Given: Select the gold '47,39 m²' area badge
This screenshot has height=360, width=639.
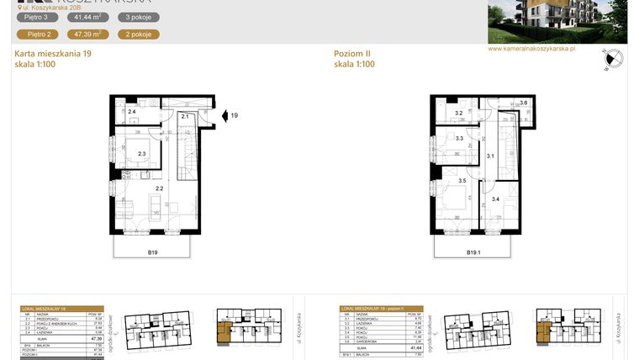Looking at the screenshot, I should [x=88, y=34].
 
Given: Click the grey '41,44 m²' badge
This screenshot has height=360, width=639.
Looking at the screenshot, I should [x=88, y=17].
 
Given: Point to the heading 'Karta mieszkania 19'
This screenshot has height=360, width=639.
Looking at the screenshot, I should [x=53, y=54].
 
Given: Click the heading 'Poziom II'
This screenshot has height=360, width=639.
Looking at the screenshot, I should [x=351, y=54].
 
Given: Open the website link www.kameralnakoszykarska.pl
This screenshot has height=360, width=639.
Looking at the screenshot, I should [x=531, y=49].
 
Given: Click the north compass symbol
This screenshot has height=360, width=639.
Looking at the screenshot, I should [x=613, y=59].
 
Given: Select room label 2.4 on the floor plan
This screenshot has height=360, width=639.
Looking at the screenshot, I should [x=132, y=111].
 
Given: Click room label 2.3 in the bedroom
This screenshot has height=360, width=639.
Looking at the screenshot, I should [x=142, y=153].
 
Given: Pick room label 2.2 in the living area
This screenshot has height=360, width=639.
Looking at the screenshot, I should [x=159, y=188].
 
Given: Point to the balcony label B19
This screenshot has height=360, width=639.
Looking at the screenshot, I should [x=154, y=251].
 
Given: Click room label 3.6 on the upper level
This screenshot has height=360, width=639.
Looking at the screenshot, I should [x=524, y=104].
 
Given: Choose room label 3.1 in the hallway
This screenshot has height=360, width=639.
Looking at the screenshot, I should [x=491, y=155].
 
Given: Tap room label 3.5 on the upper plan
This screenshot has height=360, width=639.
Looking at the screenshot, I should [x=462, y=181].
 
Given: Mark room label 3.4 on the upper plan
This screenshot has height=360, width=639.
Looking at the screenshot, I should [x=496, y=199].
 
